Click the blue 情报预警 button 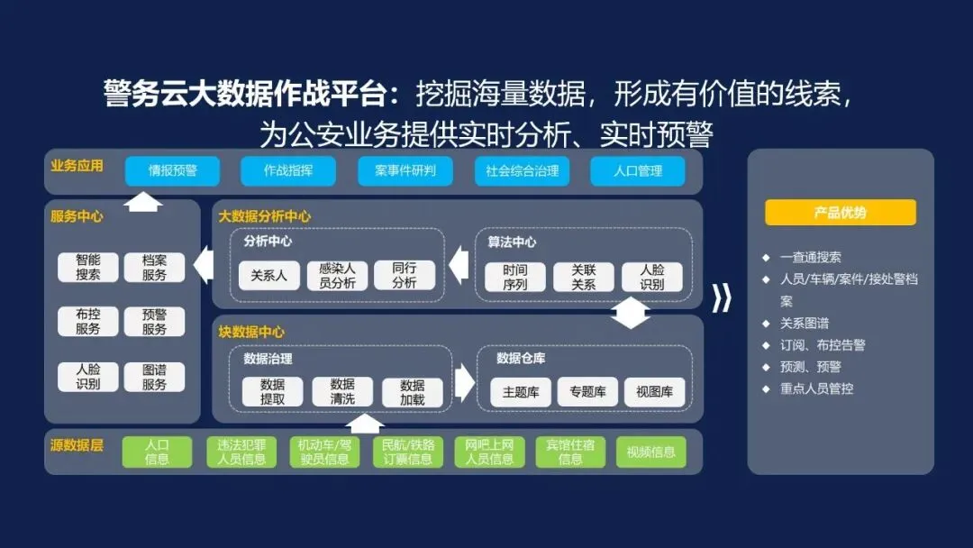pyautogui.click(x=172, y=171)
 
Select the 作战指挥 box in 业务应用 pyautogui.click(x=288, y=171)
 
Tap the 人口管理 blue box pyautogui.click(x=638, y=171)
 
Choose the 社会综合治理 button pyautogui.click(x=522, y=171)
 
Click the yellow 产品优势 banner pyautogui.click(x=840, y=213)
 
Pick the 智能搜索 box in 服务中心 pyautogui.click(x=88, y=268)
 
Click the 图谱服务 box pyautogui.click(x=154, y=377)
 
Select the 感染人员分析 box pyautogui.click(x=338, y=276)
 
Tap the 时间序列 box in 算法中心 pyautogui.click(x=515, y=277)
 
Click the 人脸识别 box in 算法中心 pyautogui.click(x=651, y=277)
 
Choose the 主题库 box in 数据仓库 pyautogui.click(x=521, y=392)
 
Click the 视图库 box pyautogui.click(x=654, y=392)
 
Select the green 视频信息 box pyautogui.click(x=650, y=452)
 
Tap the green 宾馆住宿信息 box pyautogui.click(x=570, y=452)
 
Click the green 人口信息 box pyautogui.click(x=157, y=452)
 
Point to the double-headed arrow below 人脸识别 pyautogui.click(x=631, y=313)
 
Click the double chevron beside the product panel pyautogui.click(x=723, y=298)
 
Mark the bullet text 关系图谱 pyautogui.click(x=805, y=323)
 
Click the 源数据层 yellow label pyautogui.click(x=77, y=445)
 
